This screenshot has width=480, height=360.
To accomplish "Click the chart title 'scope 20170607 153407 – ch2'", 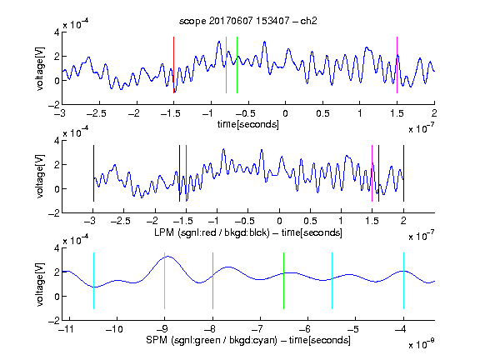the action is coord(248,21).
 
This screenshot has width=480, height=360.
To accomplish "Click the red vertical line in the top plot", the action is coord(173,65).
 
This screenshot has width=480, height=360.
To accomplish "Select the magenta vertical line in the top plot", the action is coord(397,65).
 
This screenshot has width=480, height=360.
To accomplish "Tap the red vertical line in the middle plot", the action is coord(186,173).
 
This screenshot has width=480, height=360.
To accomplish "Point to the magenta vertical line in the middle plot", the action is coord(372,173).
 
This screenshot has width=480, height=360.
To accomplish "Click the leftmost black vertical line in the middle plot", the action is coord(93,173).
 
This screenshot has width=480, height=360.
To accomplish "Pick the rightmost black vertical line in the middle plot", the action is coord(403,173).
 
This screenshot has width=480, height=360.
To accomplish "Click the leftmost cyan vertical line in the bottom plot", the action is coord(93,281).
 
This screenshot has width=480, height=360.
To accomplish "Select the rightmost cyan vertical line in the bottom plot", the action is coord(403,281).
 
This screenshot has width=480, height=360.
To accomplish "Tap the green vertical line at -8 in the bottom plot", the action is coord(212,281).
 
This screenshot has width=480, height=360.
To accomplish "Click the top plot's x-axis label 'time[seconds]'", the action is coord(248,125).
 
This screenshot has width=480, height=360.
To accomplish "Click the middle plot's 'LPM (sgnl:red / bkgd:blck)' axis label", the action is coord(212,232).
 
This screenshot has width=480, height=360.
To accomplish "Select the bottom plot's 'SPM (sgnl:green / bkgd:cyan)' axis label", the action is coord(212,340).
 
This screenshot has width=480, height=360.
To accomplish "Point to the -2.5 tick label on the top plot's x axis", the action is coord(97,113).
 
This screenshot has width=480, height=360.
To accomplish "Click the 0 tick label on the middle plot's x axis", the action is coord(279,221).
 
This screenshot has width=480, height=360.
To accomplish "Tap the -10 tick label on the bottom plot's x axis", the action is coord(114,329).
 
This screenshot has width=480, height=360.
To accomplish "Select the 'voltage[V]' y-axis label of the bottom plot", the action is coord(40,284).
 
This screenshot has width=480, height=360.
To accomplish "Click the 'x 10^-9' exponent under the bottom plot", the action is coord(422,344).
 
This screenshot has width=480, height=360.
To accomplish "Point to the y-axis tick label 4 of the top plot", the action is coord(57,32).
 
